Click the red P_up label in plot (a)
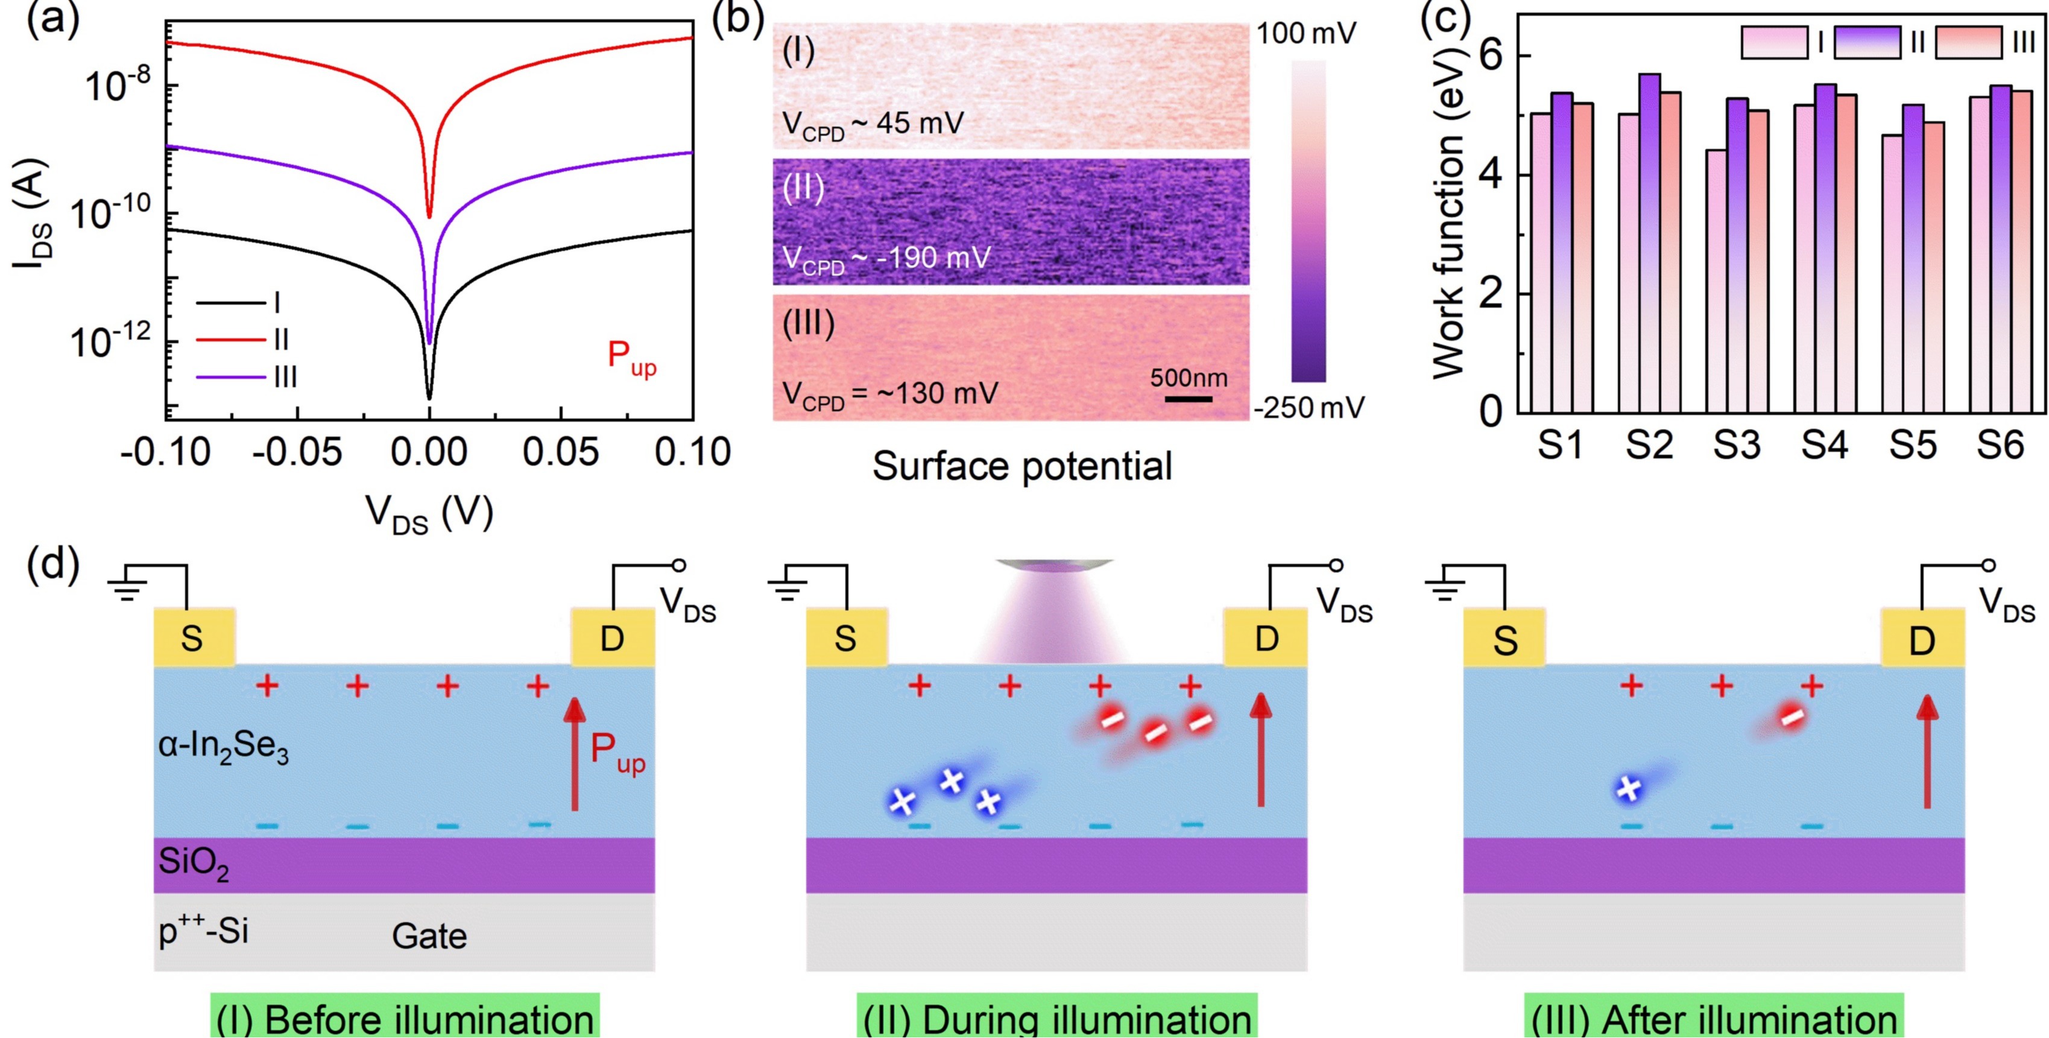[x=631, y=358]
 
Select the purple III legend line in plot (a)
[x=231, y=377]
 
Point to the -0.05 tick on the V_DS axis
[x=297, y=452]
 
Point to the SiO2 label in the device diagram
[x=194, y=863]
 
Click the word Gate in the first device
[x=429, y=936]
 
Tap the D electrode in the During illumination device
[x=1266, y=639]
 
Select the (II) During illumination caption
[x=1057, y=1019]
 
